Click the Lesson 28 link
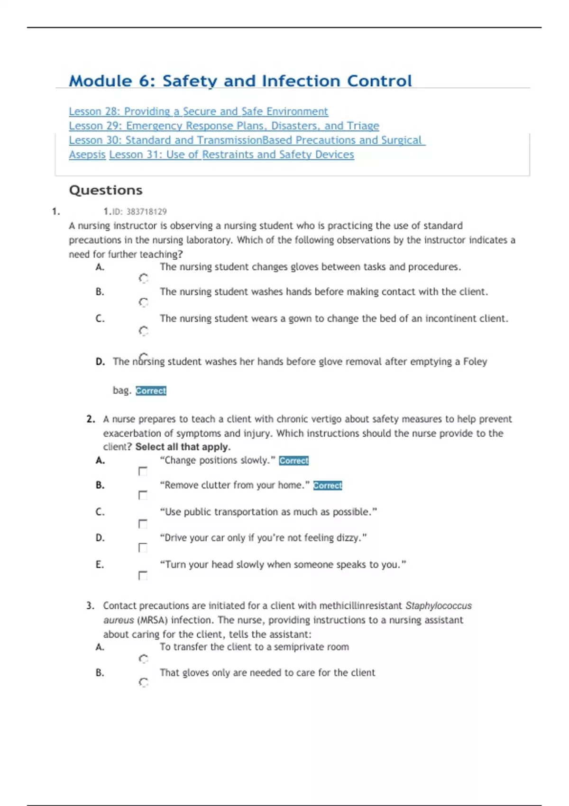[198, 111]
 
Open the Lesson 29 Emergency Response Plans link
[224, 126]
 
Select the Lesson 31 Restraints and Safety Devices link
[231, 155]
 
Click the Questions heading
[106, 190]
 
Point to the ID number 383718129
[146, 211]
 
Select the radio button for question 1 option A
[143, 278]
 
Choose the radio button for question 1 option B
[143, 302]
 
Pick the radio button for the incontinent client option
[143, 331]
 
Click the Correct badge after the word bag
[151, 391]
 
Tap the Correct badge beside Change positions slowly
[294, 460]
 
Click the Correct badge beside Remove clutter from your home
[327, 485]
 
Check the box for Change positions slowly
[143, 471]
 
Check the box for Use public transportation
[143, 524]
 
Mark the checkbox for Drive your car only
[143, 548]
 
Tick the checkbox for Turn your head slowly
[143, 576]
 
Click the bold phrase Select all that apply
[183, 447]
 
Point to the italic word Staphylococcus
[438, 606]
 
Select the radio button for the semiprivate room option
[143, 659]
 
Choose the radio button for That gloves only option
[143, 682]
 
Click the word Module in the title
[101, 81]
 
